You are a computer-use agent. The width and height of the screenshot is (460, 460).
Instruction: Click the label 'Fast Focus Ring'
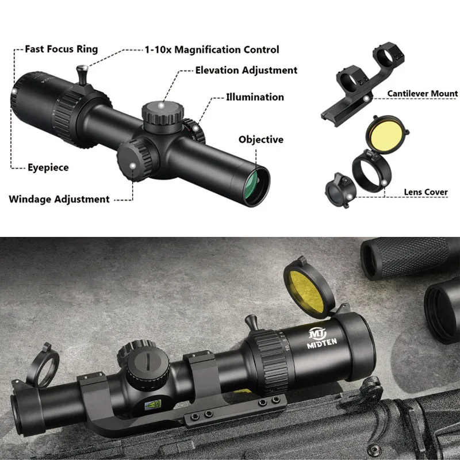(x=61, y=49)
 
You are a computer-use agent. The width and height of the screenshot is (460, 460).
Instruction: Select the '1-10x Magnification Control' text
(x=211, y=50)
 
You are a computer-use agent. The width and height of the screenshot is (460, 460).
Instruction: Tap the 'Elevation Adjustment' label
(x=246, y=70)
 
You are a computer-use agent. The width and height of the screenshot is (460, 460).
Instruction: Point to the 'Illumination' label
(x=255, y=97)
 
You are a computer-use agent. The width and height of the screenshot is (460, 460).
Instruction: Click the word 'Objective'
(x=261, y=139)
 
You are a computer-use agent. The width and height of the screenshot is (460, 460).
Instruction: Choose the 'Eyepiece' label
(x=48, y=167)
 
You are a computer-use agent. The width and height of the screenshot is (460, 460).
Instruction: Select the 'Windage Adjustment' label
(x=59, y=200)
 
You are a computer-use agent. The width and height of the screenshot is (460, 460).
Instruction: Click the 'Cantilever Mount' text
(x=422, y=93)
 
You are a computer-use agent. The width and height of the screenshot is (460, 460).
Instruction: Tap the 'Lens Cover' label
(x=425, y=192)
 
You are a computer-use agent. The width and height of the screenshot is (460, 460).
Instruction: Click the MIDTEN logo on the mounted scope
(x=319, y=338)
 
